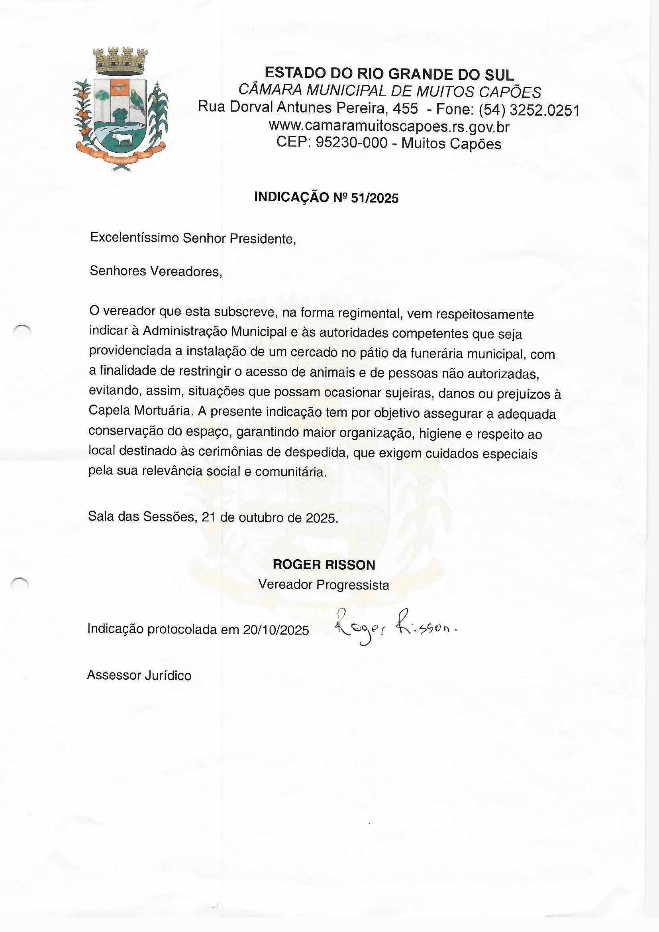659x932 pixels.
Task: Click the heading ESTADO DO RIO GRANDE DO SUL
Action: [x=389, y=74]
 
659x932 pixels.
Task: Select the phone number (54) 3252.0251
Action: [x=529, y=110]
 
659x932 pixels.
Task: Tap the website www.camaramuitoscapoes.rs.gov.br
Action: [x=389, y=127]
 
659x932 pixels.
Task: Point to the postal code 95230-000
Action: [x=351, y=143]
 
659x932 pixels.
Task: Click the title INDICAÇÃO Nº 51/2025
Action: [x=326, y=197]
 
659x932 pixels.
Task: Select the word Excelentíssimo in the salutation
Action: [x=134, y=238]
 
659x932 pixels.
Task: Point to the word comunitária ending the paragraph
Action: [x=290, y=472]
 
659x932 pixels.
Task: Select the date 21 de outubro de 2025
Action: [x=269, y=517]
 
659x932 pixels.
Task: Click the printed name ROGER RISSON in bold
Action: [x=324, y=564]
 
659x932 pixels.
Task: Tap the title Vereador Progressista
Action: [x=324, y=584]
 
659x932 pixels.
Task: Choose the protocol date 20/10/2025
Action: [x=276, y=629]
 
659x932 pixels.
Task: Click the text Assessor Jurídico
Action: [x=139, y=675]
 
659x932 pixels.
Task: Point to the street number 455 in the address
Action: [x=405, y=108]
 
